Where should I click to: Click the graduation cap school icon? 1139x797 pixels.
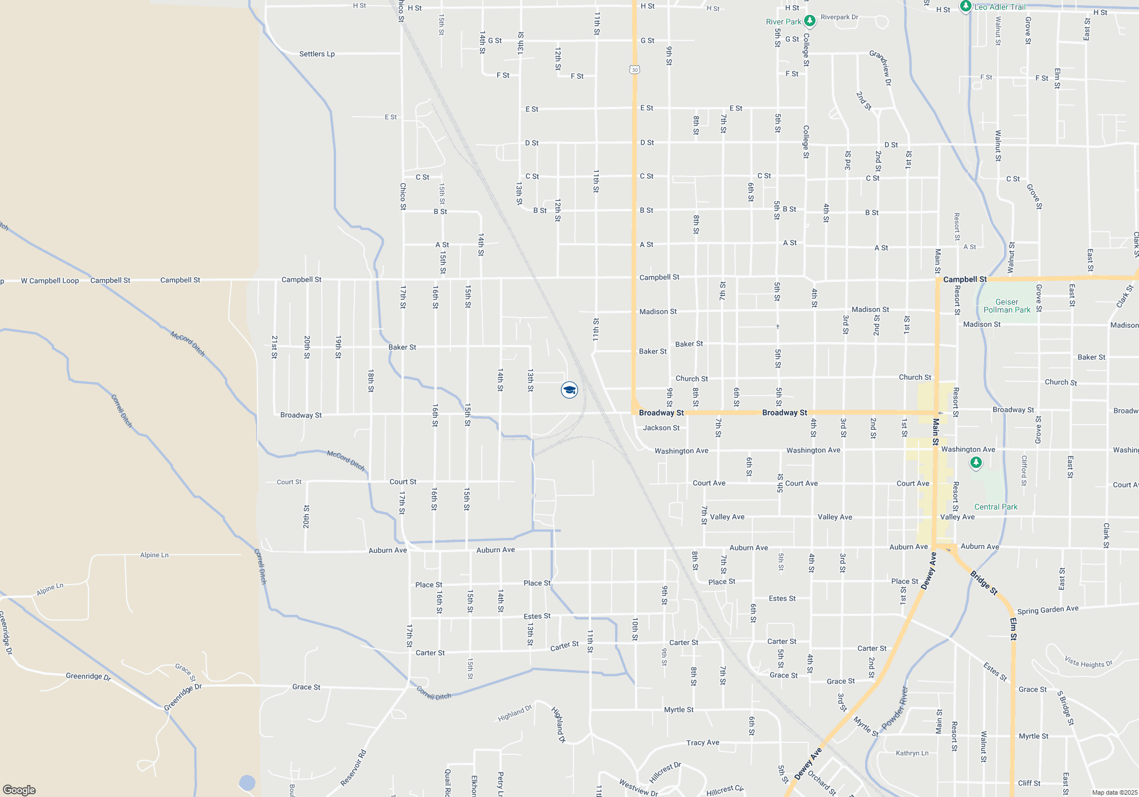(x=569, y=390)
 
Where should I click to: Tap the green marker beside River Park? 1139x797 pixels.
(x=809, y=21)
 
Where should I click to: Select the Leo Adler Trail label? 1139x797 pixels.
(x=999, y=7)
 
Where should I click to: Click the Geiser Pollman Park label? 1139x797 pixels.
(x=1007, y=306)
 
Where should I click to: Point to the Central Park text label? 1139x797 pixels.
(x=995, y=507)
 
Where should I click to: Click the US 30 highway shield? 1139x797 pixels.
(x=635, y=69)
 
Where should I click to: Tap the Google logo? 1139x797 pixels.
(x=19, y=790)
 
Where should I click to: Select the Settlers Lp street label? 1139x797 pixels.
(x=317, y=54)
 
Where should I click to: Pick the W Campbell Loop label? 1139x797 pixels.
(x=50, y=281)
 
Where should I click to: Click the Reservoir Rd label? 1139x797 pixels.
(x=354, y=768)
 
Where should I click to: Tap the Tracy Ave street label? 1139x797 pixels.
(x=703, y=742)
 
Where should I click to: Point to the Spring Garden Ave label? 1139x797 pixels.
(x=1048, y=610)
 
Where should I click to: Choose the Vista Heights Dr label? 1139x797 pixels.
(x=1088, y=662)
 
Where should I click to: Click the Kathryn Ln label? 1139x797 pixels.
(x=912, y=753)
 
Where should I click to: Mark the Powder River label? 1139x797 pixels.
(x=895, y=708)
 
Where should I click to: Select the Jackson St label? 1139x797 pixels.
(x=661, y=428)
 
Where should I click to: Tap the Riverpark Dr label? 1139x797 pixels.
(x=839, y=17)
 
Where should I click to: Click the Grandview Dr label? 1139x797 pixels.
(x=881, y=68)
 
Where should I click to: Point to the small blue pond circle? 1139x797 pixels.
(x=247, y=783)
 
